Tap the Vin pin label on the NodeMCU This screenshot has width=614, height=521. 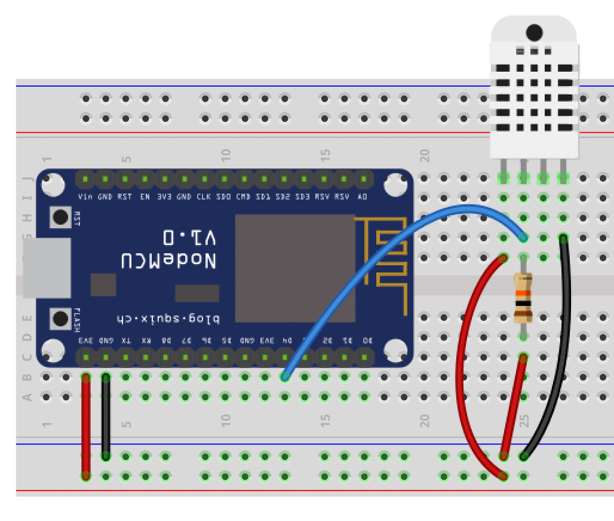point(85,197)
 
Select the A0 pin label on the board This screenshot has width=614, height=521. point(362,197)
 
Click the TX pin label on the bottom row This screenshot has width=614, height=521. point(125,340)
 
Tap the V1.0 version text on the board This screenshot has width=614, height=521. point(190,237)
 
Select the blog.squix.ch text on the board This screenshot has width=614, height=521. point(167,318)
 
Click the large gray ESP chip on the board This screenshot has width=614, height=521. point(295,268)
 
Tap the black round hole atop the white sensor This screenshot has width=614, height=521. point(534,32)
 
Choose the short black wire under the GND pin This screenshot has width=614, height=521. point(106,418)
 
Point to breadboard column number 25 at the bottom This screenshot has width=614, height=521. point(524,422)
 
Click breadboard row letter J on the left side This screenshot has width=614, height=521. point(26,178)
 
